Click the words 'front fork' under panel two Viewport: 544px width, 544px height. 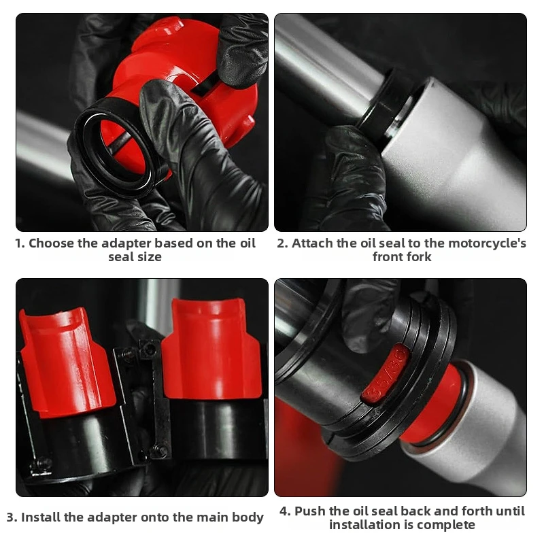tap(402, 257)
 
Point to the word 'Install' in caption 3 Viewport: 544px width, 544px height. tap(44, 517)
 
